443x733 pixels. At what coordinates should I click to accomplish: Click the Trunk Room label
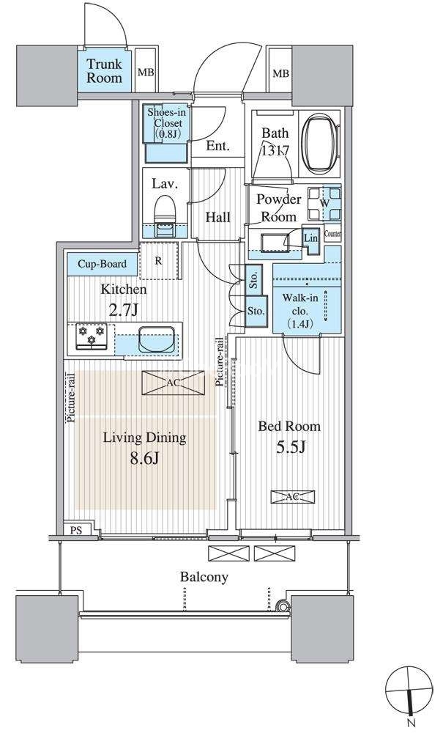pos(104,70)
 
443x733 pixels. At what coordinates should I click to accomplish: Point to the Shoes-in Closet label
pos(165,123)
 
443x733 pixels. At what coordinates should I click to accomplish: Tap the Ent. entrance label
pos(218,146)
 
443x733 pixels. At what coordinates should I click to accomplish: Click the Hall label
pos(218,218)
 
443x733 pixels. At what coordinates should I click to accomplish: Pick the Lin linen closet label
pos(311,238)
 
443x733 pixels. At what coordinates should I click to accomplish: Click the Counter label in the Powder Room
pos(332,234)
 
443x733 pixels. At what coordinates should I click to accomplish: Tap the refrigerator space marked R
pos(159,260)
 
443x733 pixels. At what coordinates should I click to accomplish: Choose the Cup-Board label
pos(102,264)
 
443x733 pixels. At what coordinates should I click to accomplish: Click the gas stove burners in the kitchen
pos(92,336)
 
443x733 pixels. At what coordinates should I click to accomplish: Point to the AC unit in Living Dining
pos(174,383)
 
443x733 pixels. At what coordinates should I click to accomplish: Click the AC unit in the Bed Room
pos(293,497)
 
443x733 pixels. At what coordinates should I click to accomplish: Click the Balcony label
pos(204,578)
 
